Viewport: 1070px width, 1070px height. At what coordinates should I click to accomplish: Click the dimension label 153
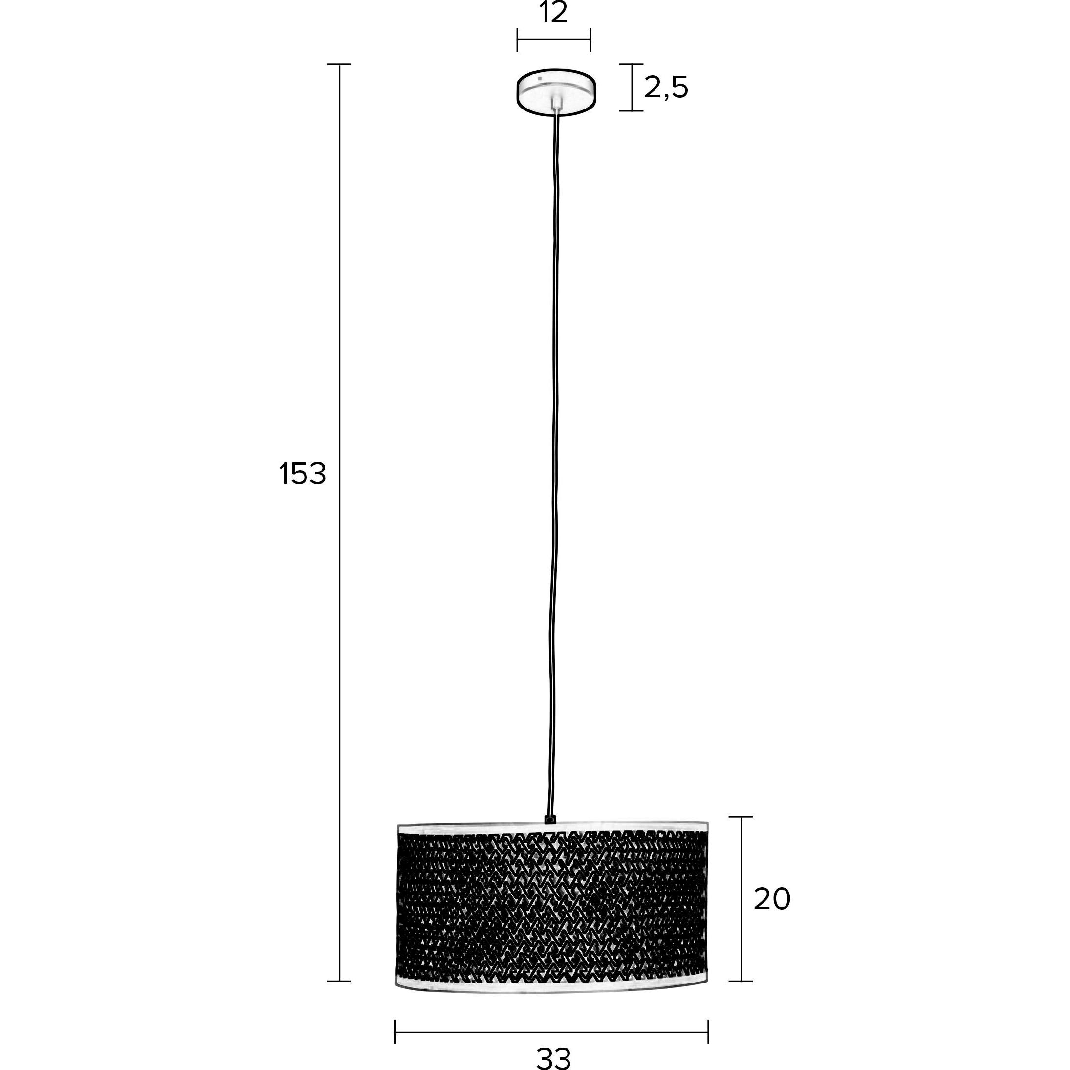tap(303, 474)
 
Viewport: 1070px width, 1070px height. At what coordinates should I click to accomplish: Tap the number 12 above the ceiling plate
tap(553, 13)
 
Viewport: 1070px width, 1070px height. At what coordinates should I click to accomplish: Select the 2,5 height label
tap(666, 87)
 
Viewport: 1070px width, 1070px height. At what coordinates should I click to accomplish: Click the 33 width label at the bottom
tap(553, 1058)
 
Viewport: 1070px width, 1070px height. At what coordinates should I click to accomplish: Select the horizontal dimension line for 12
tap(554, 39)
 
